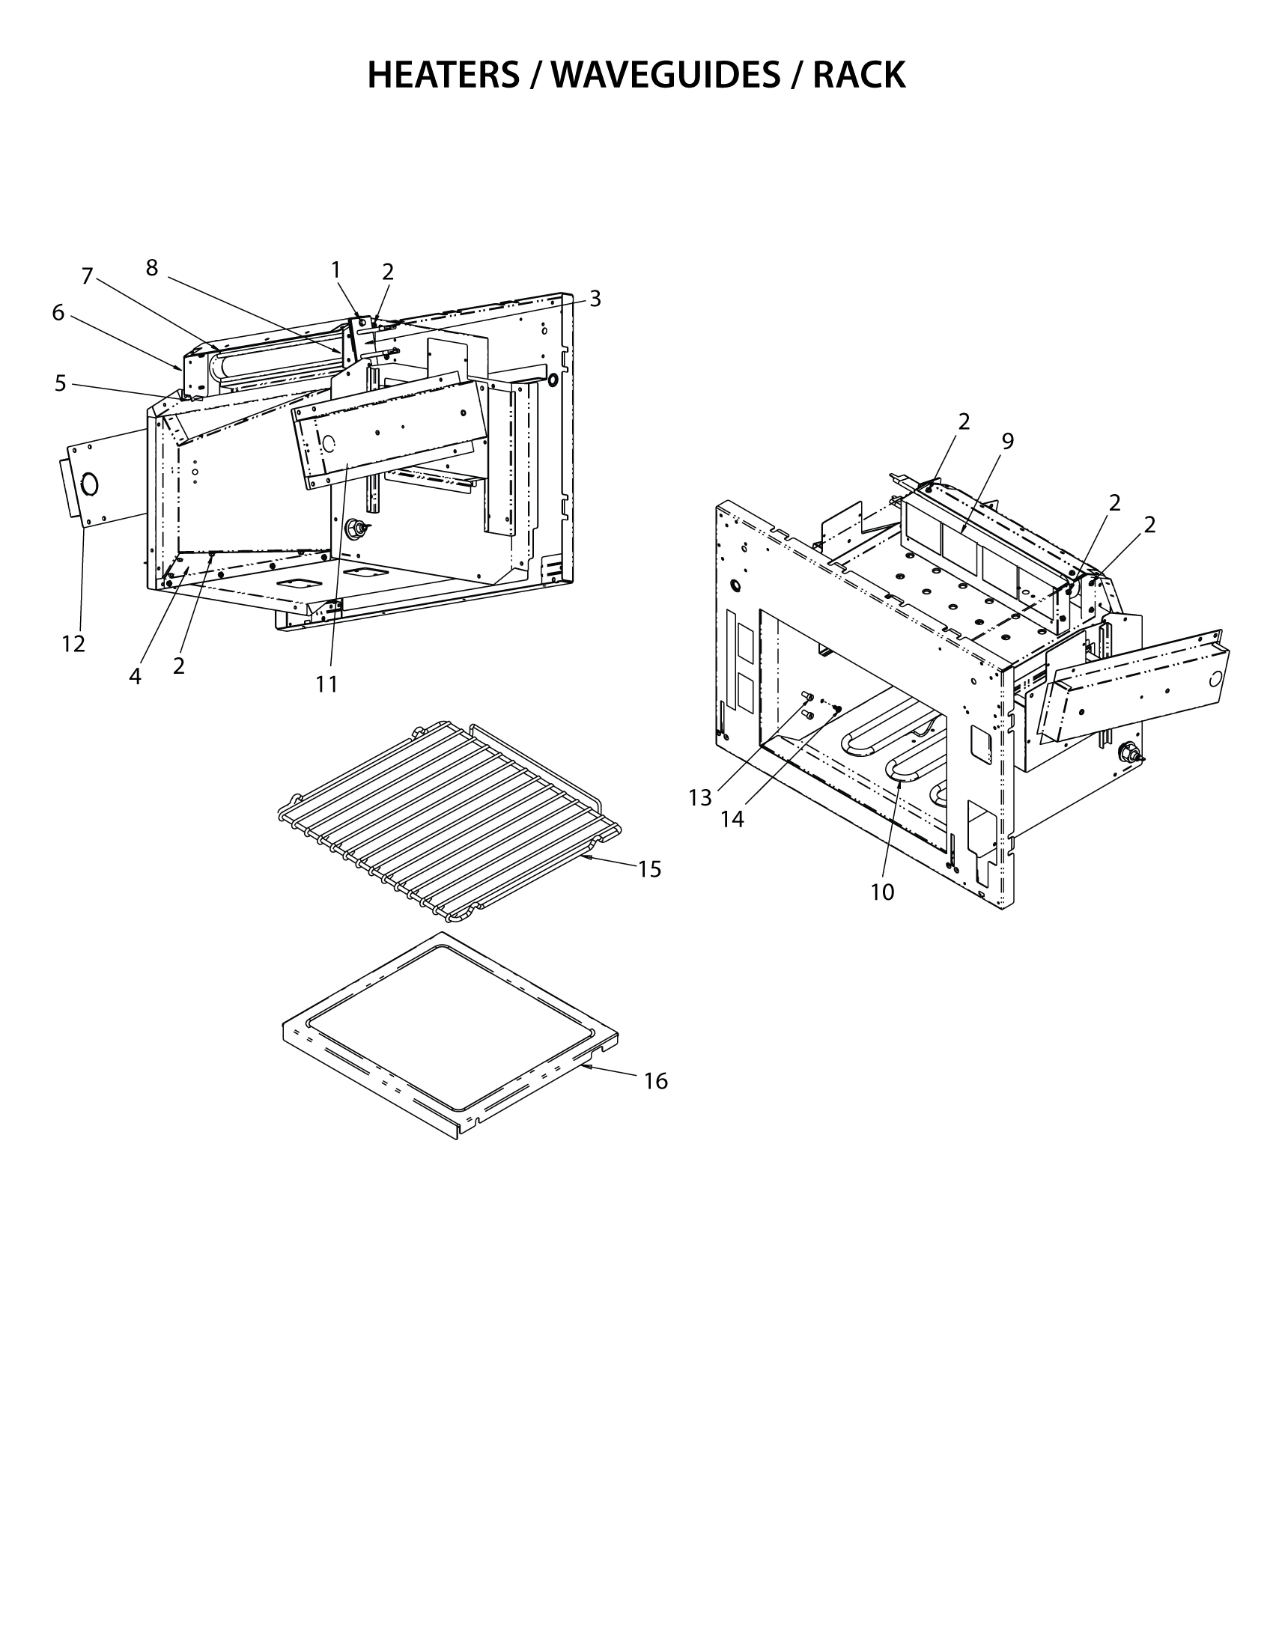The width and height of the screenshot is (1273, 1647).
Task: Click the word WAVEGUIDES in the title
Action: coord(665,76)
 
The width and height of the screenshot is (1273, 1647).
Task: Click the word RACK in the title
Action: coord(859,76)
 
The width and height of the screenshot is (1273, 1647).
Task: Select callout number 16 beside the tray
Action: coord(655,1082)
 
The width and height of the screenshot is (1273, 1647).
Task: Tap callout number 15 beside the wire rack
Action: coord(649,869)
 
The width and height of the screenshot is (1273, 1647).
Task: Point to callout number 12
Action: coord(73,644)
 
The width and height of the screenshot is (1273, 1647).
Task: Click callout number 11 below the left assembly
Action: coord(326,684)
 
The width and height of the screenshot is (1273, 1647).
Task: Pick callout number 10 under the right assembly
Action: coord(881,892)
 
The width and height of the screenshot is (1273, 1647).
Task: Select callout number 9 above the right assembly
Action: coord(1007,442)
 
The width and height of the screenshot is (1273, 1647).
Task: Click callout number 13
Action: coord(700,798)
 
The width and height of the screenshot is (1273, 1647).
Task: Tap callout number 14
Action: coord(732,819)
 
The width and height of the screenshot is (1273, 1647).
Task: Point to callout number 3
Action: coord(595,299)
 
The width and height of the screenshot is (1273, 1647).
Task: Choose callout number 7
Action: coord(87,277)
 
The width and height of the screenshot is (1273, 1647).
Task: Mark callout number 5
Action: coord(61,383)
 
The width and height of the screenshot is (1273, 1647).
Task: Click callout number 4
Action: coord(135,677)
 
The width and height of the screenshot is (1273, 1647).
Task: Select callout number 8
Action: coord(151,267)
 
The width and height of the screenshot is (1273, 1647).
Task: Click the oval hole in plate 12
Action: coord(90,484)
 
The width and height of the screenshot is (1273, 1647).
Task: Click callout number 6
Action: coord(58,312)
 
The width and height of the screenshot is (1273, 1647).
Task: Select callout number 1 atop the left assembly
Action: coord(335,270)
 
